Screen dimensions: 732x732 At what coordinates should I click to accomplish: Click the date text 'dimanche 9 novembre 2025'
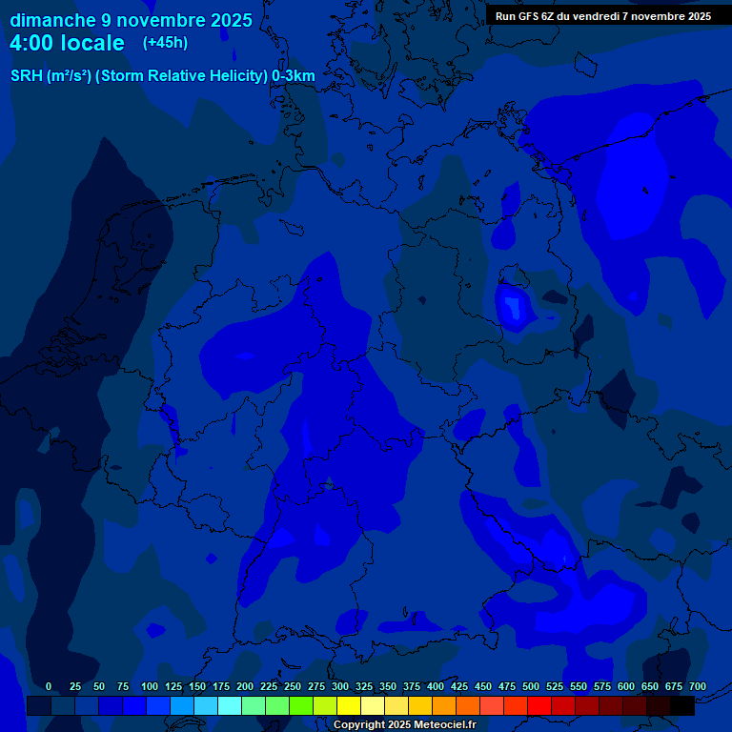[x=131, y=20]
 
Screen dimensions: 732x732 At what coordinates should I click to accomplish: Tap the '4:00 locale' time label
[x=67, y=43]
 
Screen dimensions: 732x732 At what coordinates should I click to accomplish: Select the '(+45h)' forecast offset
[x=165, y=42]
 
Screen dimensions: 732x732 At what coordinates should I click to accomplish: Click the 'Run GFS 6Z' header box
[x=602, y=15]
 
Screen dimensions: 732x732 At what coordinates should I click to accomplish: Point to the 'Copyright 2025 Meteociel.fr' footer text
[x=404, y=724]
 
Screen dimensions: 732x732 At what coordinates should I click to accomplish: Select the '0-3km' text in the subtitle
[x=294, y=76]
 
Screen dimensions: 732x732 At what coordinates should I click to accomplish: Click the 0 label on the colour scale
[x=49, y=686]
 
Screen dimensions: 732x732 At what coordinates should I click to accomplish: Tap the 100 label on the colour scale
[x=150, y=686]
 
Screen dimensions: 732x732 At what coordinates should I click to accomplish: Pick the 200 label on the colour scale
[x=245, y=686]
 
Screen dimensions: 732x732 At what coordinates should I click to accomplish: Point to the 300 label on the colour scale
[x=340, y=686]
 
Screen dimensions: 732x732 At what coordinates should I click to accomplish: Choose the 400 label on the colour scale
[x=436, y=686]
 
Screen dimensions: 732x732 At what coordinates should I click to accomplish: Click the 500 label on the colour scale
[x=531, y=686]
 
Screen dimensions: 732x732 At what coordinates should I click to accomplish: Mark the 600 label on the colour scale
[x=626, y=686]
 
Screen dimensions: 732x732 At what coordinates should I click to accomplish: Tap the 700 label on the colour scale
[x=698, y=686]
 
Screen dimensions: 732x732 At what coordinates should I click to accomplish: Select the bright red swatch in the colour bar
[x=539, y=706]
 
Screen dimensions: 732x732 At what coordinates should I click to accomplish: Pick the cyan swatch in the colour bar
[x=230, y=706]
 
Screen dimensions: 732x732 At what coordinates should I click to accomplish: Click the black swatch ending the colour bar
[x=682, y=706]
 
